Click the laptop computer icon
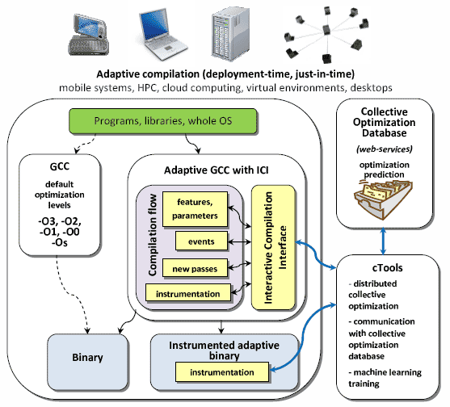tap(162, 35)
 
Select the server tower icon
tap(230, 34)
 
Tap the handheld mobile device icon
tap(88, 35)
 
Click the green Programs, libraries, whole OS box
tap(162, 121)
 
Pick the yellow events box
tap(201, 241)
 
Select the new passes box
tap(195, 268)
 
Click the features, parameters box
tap(195, 209)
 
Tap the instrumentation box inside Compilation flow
tap(188, 293)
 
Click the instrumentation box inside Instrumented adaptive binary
tap(222, 372)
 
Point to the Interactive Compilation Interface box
tap(273, 247)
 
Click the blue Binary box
tap(87, 361)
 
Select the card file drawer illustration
tap(383, 199)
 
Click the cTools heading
tap(387, 267)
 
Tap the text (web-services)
tap(385, 149)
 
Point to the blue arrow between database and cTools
tap(383, 241)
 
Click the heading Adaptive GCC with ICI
tap(216, 170)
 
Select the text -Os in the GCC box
tap(60, 242)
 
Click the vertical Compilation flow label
tap(153, 235)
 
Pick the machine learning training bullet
tap(385, 378)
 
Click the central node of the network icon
tap(326, 30)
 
